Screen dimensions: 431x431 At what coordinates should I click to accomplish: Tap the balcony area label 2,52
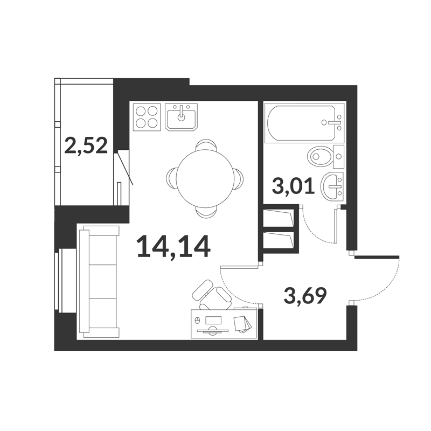point(86,145)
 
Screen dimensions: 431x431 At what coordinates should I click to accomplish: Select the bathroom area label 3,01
point(293,186)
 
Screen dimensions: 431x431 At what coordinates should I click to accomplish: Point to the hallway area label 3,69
point(305,295)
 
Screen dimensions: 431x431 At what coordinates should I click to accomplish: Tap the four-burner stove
point(147,117)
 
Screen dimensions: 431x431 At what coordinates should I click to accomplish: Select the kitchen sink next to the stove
point(181,117)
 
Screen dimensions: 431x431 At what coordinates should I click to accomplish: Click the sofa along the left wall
point(99,281)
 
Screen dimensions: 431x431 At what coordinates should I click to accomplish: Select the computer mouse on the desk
point(197,320)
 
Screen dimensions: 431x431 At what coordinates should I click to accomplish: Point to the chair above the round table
point(206,145)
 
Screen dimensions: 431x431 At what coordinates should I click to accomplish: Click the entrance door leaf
point(377,258)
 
